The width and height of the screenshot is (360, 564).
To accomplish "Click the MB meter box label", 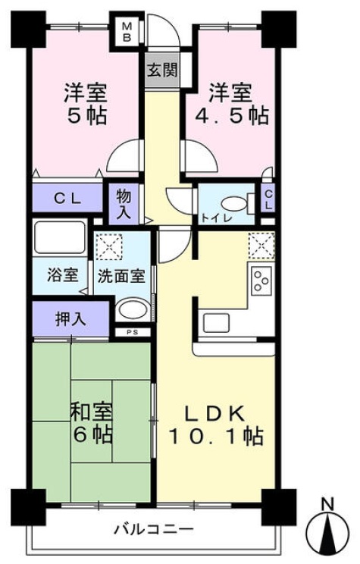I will pos(127,30).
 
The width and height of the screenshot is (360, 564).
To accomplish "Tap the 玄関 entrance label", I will pos(161,71).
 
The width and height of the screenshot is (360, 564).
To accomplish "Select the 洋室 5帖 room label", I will pos(85,105).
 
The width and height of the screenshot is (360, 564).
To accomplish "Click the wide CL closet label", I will pos(67,198).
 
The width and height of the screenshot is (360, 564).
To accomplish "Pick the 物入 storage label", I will pos(124,203).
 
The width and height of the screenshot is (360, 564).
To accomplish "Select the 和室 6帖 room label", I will pos(92,425).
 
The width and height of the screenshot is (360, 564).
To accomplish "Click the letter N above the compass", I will pos(327,503).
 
